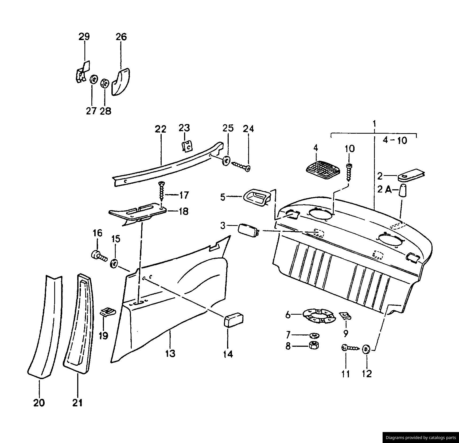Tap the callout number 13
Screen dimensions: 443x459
pyautogui.click(x=170, y=353)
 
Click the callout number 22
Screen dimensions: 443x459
pyautogui.click(x=161, y=129)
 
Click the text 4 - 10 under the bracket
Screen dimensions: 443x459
pyautogui.click(x=395, y=140)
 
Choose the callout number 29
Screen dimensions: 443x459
pyautogui.click(x=84, y=37)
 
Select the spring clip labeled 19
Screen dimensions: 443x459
pyautogui.click(x=108, y=312)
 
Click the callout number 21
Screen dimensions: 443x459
pyautogui.click(x=77, y=402)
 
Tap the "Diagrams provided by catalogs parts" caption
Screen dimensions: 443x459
pyautogui.click(x=421, y=437)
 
